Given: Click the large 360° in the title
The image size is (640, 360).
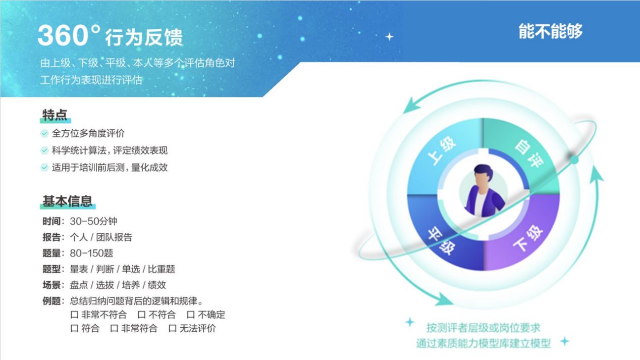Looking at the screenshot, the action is coord(69,35).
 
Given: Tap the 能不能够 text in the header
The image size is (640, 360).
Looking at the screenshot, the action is coord(551,31).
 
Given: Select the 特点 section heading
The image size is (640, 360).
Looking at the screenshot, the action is coord(55,115).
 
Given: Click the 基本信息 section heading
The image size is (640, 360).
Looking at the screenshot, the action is coord(68,201).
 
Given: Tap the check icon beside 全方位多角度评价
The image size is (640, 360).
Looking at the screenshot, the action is coord(44,133).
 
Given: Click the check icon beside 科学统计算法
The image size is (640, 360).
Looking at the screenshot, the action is coord(44,150).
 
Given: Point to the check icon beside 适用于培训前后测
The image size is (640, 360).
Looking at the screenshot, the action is coord(44,168).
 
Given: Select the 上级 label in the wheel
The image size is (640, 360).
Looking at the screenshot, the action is coord(442,151).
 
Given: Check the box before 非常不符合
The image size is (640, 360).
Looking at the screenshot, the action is coord(74,315).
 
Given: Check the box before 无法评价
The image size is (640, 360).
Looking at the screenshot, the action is coord(172,329).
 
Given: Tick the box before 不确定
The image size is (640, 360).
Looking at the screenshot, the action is coord(191,315).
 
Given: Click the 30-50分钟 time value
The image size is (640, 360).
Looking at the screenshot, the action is coord(93,221).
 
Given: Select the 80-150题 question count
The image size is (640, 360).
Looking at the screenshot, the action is coord(91,253).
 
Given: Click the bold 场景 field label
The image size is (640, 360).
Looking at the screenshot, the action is coord(51,285).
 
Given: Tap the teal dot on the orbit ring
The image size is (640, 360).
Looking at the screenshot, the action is coord(574,160).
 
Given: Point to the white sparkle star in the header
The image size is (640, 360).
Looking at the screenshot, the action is coord(389,37).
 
